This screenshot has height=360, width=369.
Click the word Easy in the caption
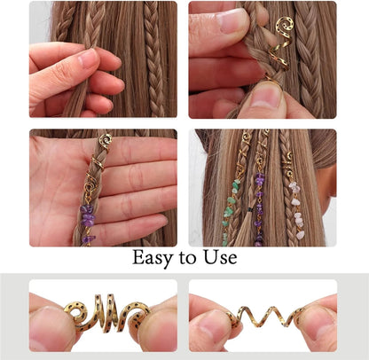[x=152, y=259]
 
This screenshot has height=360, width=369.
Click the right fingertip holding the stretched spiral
[x=320, y=328]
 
